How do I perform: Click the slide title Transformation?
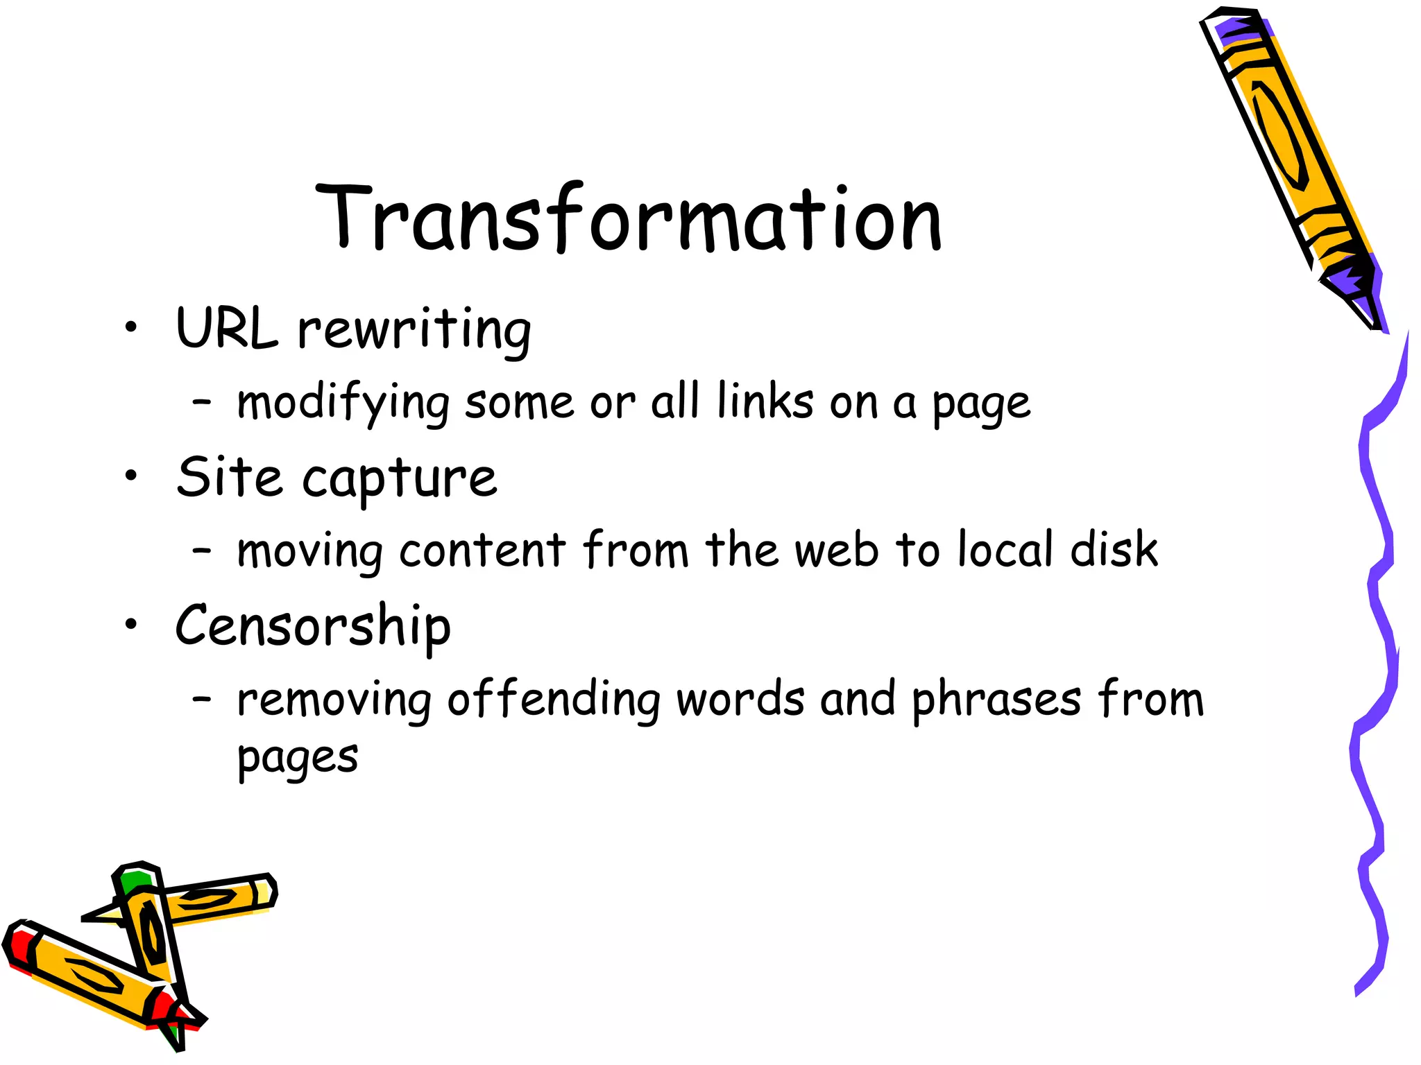coord(629,218)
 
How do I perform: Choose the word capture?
coord(400,480)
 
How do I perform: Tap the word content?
coord(483,551)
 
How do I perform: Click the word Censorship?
coord(313,627)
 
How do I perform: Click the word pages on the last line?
coord(298,758)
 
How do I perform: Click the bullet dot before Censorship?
coord(131,625)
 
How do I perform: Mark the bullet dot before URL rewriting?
coord(131,327)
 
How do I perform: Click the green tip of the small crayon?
coord(134,881)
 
